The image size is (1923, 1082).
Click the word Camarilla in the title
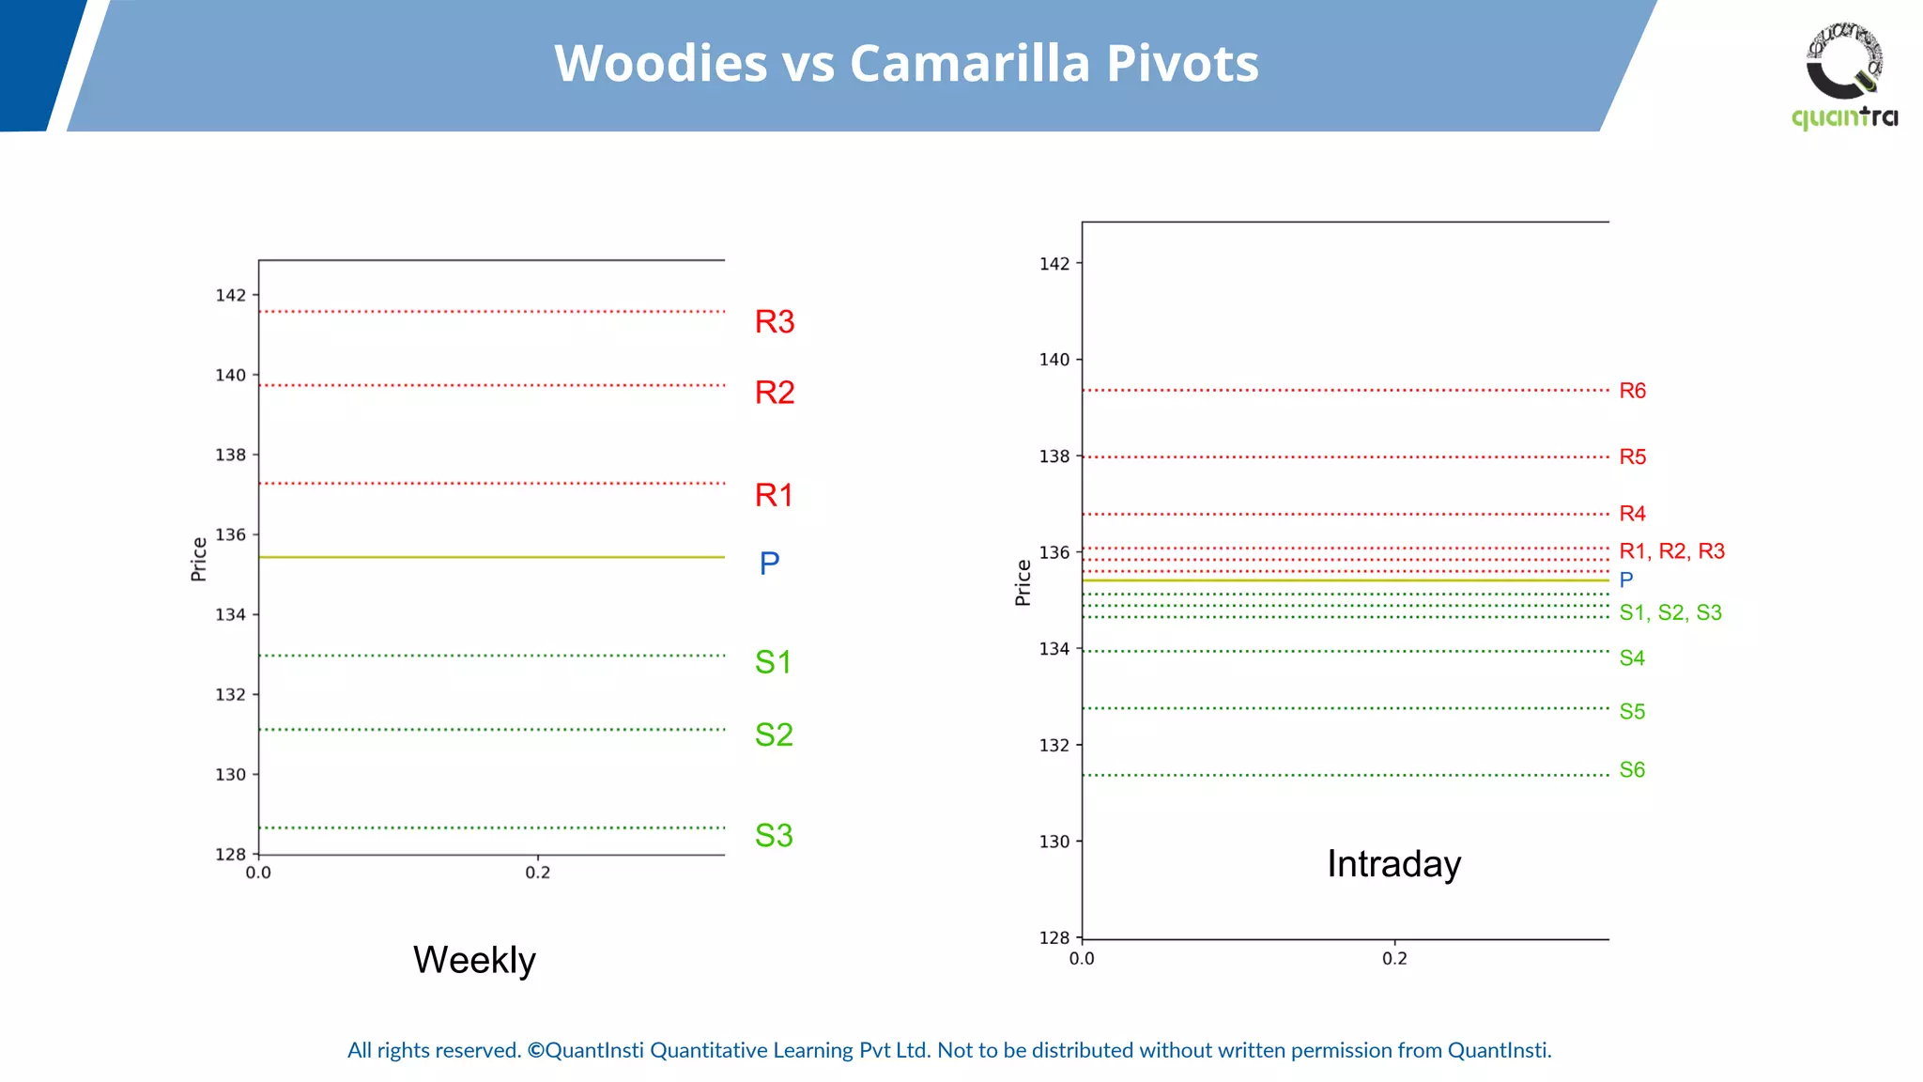970,64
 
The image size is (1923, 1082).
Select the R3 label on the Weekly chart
775,322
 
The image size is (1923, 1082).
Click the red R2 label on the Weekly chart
775,393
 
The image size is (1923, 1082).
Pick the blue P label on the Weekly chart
769,564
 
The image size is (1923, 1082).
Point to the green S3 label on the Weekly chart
774,836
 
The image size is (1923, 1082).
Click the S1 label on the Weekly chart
774,663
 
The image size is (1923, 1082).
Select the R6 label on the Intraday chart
1632,391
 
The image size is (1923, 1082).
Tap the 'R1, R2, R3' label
1671,551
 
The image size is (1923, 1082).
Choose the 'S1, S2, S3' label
1670,613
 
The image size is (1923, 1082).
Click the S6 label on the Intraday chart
1632,770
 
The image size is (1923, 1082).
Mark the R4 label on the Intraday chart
1632,514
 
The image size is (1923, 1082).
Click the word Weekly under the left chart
474,960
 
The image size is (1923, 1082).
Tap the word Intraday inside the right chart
1393,864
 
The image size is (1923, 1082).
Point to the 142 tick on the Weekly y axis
231,296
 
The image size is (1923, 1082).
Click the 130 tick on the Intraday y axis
1054,842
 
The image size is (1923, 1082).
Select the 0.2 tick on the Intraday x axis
1394,959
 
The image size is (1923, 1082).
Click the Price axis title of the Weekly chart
199,559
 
